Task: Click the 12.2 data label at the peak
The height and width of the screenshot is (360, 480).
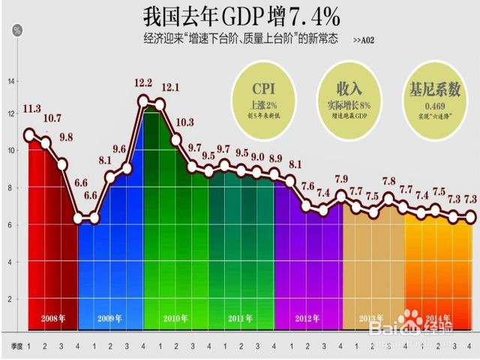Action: (144, 82)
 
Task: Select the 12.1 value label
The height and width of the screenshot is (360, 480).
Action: (169, 88)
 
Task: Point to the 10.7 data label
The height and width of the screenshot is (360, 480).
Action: (52, 119)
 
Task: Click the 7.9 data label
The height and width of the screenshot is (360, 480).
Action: (341, 179)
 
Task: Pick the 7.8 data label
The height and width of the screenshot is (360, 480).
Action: (389, 181)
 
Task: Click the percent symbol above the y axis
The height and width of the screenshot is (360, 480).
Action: (16, 30)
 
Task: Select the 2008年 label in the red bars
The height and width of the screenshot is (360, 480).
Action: (52, 319)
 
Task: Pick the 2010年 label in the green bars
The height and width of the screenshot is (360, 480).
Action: (175, 319)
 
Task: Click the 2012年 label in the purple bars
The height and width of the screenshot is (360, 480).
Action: (307, 319)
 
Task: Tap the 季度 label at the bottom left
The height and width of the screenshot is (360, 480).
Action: (16, 346)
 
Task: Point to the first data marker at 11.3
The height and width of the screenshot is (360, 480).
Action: (29, 136)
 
